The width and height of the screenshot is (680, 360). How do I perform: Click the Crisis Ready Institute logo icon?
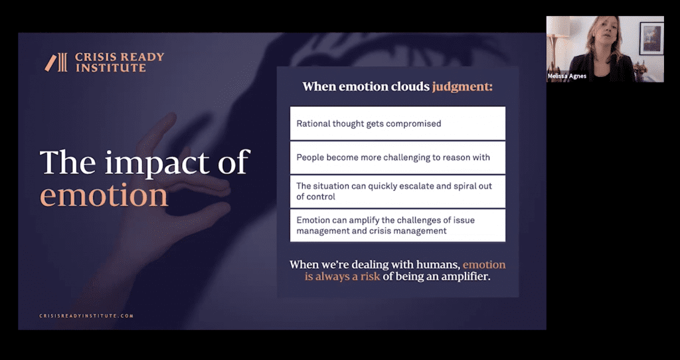[56, 62]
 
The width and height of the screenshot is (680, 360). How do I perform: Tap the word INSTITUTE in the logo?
[111, 68]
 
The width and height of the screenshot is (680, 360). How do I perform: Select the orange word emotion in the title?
[104, 196]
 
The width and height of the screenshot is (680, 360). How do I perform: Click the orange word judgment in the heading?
[462, 87]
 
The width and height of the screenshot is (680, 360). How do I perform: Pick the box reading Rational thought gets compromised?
[398, 123]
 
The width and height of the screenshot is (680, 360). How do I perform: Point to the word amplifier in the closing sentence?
[466, 277]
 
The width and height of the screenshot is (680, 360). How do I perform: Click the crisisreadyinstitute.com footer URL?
[86, 315]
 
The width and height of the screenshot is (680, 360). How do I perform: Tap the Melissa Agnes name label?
[567, 76]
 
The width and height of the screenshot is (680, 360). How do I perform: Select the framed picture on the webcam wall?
[651, 38]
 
